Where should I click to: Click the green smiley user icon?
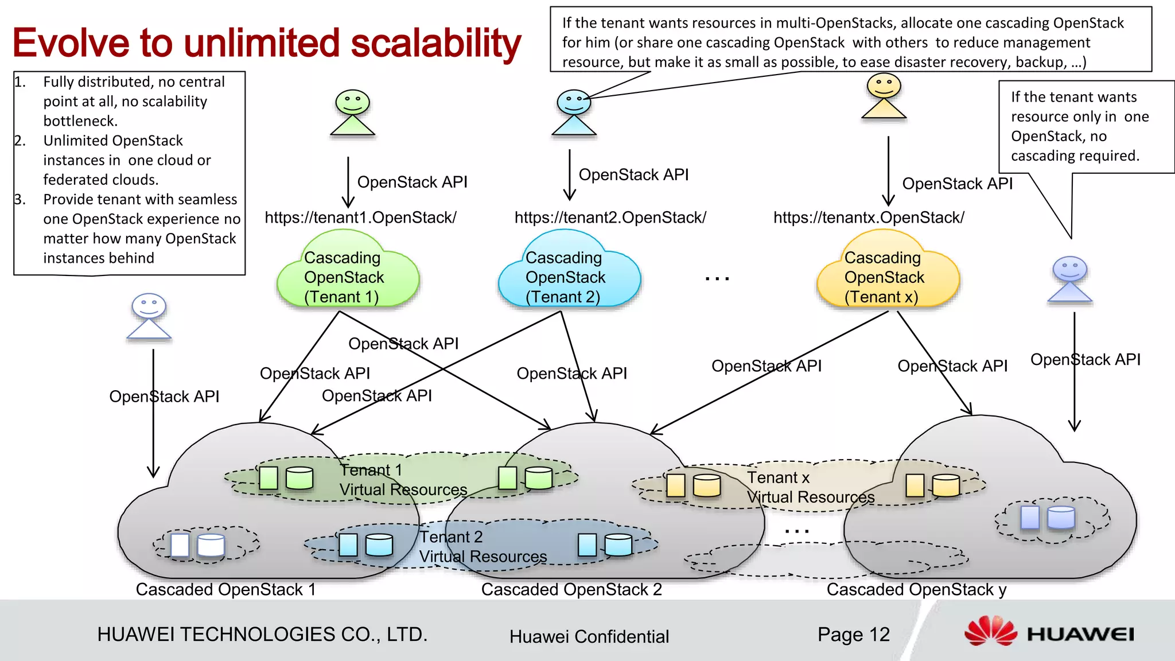(352, 112)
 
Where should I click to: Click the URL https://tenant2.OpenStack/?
(610, 217)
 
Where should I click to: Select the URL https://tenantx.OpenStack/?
(869, 217)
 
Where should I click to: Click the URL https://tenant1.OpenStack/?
(360, 217)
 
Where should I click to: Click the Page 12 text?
(853, 634)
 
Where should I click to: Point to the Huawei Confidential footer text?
(589, 636)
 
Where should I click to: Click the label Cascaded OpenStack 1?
(225, 589)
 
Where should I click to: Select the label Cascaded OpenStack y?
(916, 589)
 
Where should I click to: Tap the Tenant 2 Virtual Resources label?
(482, 547)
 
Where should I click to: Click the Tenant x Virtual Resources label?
(810, 487)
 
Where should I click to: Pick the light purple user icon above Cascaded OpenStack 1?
(149, 316)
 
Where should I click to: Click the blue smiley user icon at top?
(573, 112)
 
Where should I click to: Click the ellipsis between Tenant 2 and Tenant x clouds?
(717, 279)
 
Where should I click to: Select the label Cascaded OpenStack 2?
(571, 589)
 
